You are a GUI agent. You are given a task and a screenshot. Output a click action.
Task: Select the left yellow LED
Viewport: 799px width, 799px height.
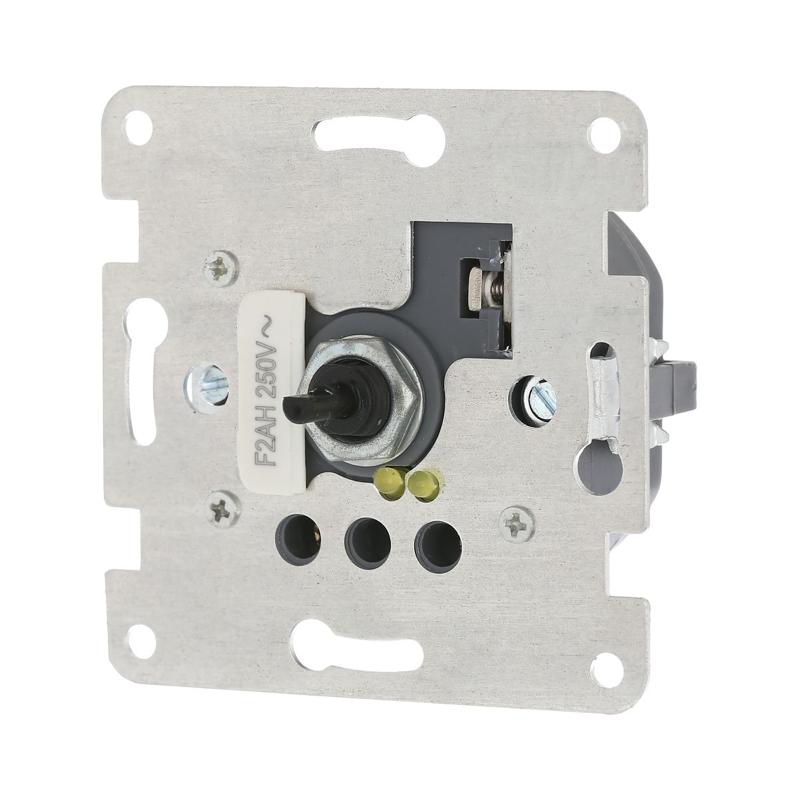[x=389, y=482]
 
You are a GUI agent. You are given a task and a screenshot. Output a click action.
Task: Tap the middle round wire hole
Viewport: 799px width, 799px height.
[x=367, y=537]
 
